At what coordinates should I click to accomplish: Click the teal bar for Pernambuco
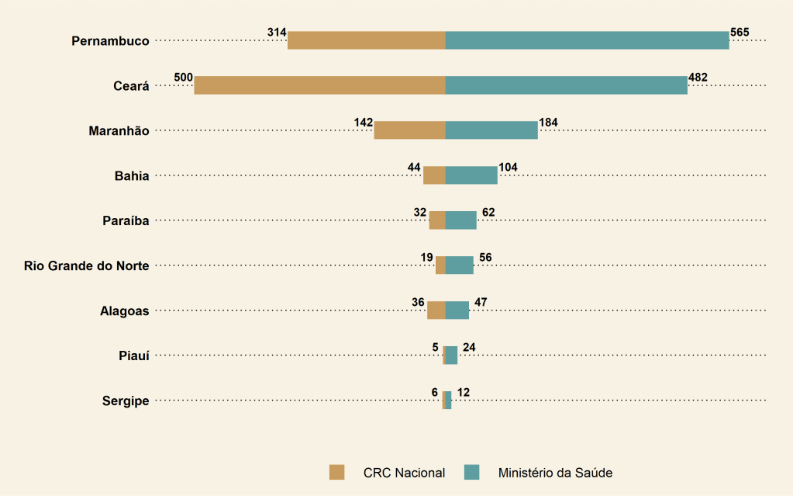click(587, 40)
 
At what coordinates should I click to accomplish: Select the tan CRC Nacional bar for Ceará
click(319, 85)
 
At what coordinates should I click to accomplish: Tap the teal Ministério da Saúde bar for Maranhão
click(491, 130)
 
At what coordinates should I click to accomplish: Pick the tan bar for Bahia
click(434, 175)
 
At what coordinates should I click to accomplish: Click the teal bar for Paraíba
click(461, 220)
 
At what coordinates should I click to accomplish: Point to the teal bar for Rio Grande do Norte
click(460, 265)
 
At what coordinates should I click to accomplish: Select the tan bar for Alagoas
click(436, 310)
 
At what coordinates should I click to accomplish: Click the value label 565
click(740, 33)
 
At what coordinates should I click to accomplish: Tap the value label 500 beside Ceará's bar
click(184, 78)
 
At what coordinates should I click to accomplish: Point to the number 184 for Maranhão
click(548, 123)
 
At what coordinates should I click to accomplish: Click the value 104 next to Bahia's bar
click(508, 167)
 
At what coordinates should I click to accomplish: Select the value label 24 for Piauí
click(468, 347)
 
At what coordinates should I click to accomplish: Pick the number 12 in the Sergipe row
click(463, 392)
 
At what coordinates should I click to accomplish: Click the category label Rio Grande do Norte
click(87, 266)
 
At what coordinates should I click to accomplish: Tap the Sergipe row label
click(126, 401)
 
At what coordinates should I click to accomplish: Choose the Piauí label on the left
click(134, 356)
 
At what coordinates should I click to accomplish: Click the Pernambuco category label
click(110, 41)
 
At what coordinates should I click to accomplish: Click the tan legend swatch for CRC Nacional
click(336, 472)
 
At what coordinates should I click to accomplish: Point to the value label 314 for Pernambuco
click(277, 33)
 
